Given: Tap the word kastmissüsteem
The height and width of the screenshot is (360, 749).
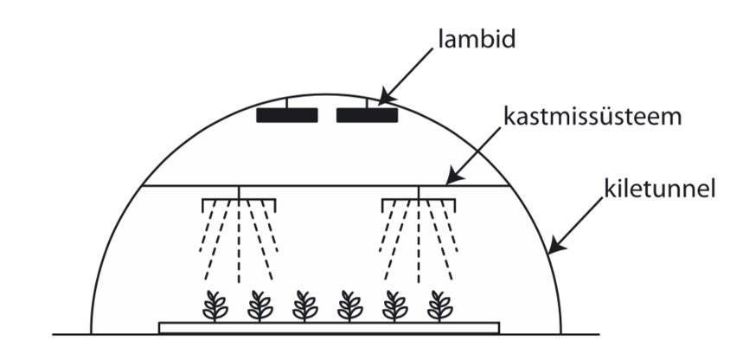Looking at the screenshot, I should click(592, 114).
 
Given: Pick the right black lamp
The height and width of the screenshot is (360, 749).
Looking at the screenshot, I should click(367, 115).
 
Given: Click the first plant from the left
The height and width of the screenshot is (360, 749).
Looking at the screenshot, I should click(214, 305).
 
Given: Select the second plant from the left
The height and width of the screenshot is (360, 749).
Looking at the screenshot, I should click(259, 305).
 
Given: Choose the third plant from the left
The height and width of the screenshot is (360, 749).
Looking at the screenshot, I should click(304, 305).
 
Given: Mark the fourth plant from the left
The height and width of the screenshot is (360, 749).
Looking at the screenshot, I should click(350, 305).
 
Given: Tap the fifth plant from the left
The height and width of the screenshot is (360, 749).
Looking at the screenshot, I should click(395, 305).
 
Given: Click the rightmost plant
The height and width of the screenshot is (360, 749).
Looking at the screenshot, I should click(439, 305).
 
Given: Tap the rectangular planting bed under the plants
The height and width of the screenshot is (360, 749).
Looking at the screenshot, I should click(329, 327).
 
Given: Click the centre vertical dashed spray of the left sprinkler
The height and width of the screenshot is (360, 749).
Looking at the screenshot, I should click(239, 247).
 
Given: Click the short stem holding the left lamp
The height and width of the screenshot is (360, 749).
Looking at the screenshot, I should click(288, 104).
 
